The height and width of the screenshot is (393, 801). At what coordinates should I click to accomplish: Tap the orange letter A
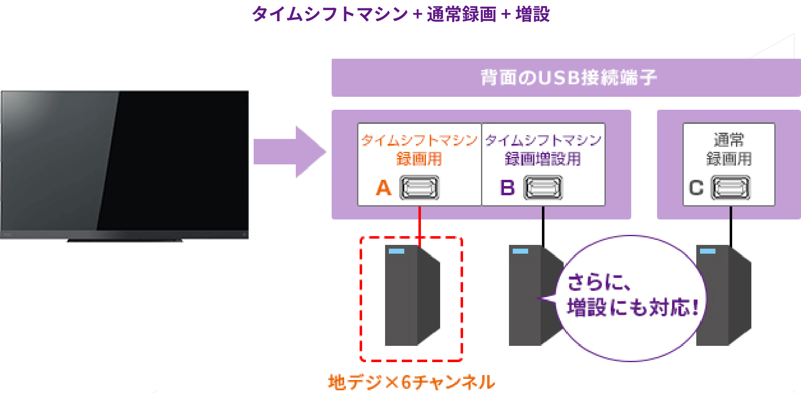[384, 188]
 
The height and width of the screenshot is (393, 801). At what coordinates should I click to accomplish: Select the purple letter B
[507, 188]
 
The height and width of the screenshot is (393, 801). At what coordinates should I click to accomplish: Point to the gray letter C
[696, 188]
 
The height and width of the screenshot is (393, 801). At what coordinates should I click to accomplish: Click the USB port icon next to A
[419, 188]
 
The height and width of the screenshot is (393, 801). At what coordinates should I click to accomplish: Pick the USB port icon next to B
[543, 188]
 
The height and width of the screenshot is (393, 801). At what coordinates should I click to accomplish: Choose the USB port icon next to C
[730, 188]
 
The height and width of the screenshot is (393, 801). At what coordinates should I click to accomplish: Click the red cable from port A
[420, 221]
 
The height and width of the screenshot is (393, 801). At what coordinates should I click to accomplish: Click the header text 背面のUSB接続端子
[568, 78]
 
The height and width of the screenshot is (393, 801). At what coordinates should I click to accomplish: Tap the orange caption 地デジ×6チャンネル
[411, 382]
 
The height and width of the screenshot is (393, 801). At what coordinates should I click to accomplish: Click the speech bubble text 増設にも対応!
[632, 308]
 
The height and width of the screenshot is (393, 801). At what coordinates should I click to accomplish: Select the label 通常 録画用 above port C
[729, 149]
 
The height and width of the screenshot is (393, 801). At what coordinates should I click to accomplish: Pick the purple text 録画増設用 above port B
[543, 159]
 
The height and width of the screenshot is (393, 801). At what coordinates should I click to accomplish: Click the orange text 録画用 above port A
[419, 159]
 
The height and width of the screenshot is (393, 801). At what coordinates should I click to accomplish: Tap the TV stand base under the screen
[125, 240]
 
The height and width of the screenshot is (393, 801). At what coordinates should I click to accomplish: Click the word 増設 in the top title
[533, 14]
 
